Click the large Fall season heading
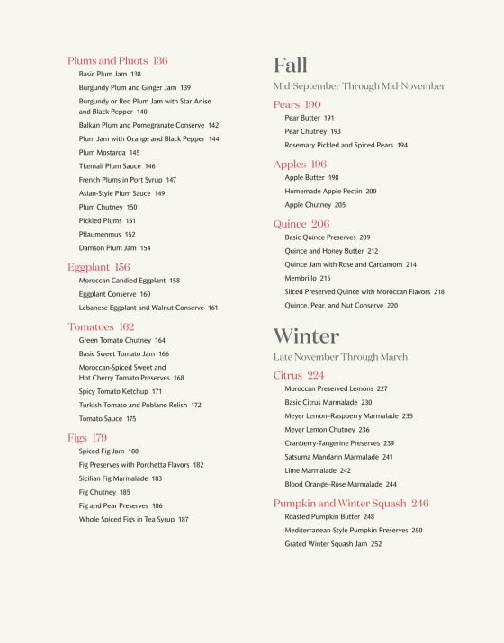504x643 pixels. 291,65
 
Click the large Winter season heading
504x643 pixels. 306,336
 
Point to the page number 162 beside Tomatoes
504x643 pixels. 126,327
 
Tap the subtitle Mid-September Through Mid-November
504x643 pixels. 359,86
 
